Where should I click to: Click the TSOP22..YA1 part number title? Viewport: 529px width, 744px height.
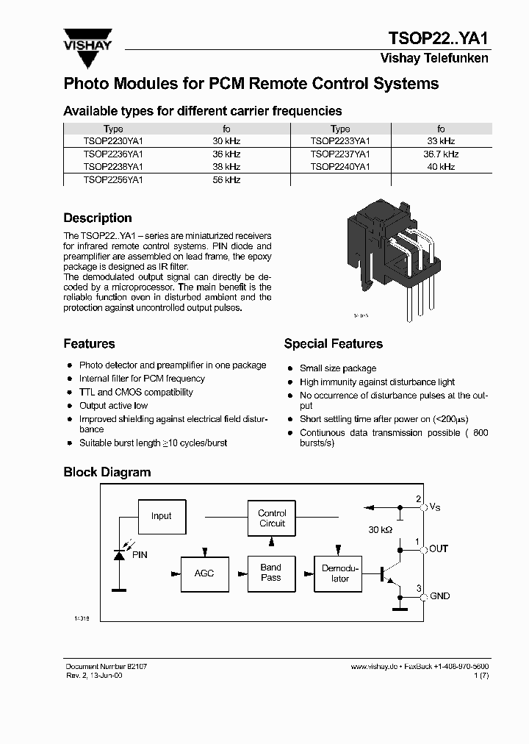click(437, 38)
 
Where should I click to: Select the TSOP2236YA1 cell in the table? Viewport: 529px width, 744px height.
click(113, 154)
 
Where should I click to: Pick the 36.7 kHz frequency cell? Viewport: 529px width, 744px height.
click(441, 154)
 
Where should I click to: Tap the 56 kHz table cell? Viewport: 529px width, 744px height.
click(226, 179)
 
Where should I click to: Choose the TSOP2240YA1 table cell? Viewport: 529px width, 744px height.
click(340, 167)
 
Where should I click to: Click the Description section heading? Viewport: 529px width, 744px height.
click(98, 218)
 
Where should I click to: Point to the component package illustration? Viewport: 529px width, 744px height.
click(389, 257)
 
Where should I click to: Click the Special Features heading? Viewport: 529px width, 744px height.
click(333, 344)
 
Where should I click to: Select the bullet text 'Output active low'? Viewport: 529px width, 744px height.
click(113, 406)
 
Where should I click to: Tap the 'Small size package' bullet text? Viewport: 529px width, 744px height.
click(337, 368)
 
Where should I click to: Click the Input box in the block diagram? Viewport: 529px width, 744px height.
click(161, 516)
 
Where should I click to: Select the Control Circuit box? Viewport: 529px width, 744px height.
click(272, 518)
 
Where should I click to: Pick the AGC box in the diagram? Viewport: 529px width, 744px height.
click(204, 573)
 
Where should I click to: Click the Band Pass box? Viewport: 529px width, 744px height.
click(270, 573)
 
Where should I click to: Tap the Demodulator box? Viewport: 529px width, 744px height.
click(340, 573)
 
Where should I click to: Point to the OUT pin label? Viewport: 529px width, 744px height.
click(439, 548)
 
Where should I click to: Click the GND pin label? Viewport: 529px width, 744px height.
click(439, 596)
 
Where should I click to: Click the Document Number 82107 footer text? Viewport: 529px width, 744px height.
click(101, 665)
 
